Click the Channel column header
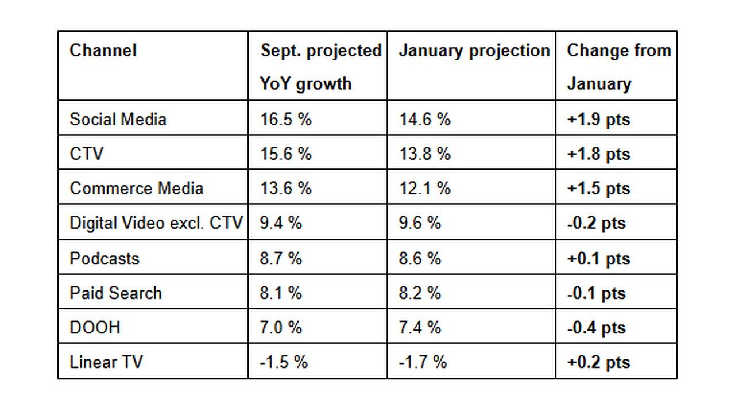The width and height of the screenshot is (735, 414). point(103,51)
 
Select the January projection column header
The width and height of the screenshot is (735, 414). point(474,51)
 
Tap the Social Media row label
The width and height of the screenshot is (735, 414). point(118,119)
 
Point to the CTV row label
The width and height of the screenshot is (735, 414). point(87,154)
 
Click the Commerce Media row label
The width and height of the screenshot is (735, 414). point(137,188)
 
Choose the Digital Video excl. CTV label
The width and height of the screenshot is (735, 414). point(156,223)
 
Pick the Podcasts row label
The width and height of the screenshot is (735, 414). point(105,258)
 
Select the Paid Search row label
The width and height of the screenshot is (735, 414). point(115,293)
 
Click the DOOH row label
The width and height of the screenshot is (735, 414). point(95,327)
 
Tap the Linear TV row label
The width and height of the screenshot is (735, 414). point(106,362)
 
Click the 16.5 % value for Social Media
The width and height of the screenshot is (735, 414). point(285,119)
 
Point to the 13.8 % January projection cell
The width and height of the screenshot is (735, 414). point(424,154)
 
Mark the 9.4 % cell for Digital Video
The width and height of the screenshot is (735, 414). point(281,223)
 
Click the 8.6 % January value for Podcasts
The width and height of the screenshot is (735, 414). point(420,258)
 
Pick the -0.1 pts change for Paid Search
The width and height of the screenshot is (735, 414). point(596,293)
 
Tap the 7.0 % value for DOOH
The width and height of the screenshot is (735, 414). point(281,327)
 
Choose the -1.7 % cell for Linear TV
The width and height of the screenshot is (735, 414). point(423,362)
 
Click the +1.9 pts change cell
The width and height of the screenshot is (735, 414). point(598,120)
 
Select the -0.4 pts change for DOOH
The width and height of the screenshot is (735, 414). point(596,328)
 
